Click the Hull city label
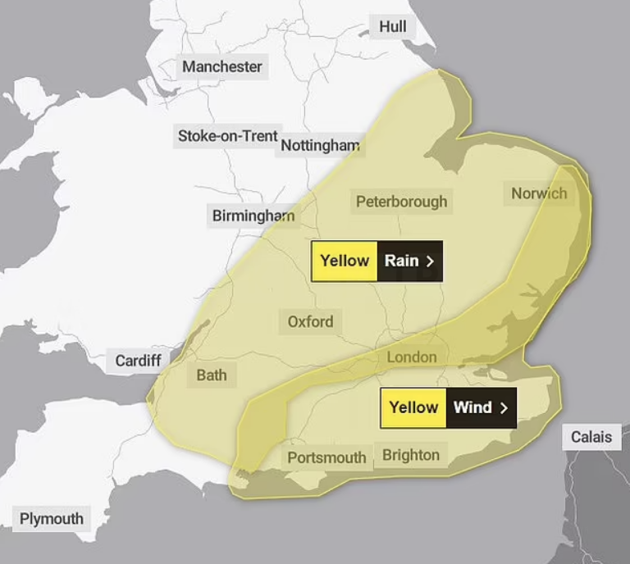(392, 27)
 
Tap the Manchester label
(222, 66)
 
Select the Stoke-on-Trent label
(228, 135)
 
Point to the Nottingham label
(320, 146)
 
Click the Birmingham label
(253, 216)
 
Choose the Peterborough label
(402, 202)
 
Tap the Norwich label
(539, 193)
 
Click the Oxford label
(310, 321)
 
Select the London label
(412, 357)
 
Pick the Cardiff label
(138, 361)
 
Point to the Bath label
(212, 376)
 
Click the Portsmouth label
(326, 457)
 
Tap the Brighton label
(411, 455)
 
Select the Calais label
(591, 437)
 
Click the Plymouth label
(52, 519)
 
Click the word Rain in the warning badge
(401, 262)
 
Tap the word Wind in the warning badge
(472, 407)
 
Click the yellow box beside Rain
(345, 262)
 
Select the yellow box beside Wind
(413, 407)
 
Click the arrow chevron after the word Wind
(504, 407)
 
